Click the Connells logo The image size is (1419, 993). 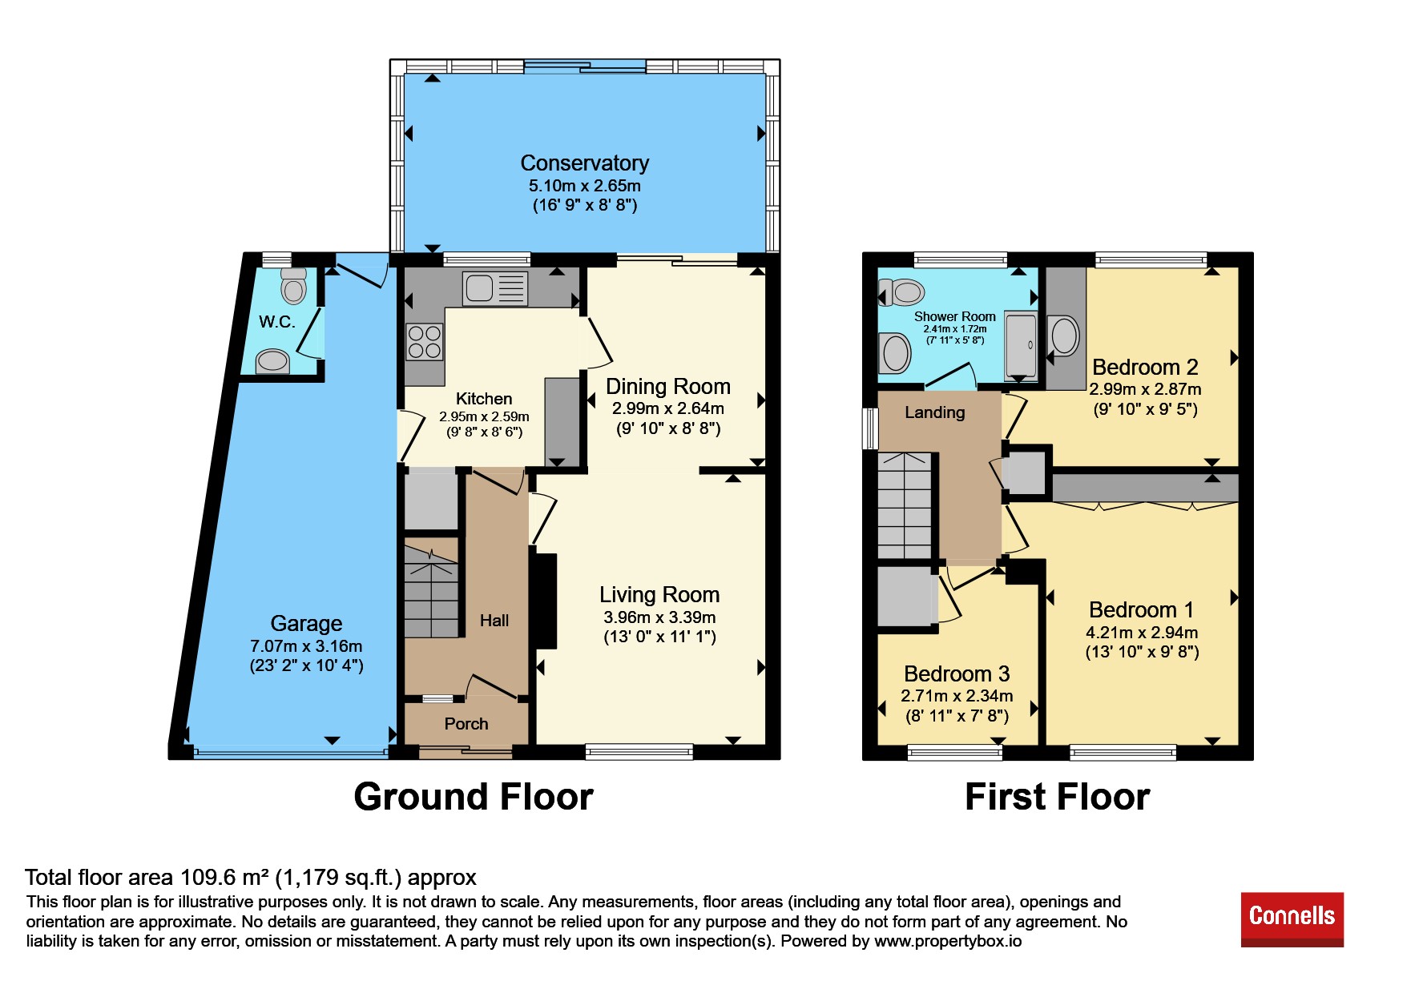(1292, 919)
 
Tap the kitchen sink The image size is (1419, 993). (495, 288)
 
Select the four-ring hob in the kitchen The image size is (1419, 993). (424, 342)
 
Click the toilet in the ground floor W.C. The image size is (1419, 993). (294, 286)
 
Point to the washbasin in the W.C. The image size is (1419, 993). (272, 361)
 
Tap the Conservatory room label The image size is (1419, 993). (585, 163)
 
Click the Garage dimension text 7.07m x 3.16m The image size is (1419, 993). (306, 646)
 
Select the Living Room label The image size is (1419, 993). (659, 595)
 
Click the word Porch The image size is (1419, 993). (466, 724)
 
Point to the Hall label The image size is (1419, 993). (494, 621)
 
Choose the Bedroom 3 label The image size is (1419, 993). (957, 674)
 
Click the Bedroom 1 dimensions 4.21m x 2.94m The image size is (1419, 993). (1142, 633)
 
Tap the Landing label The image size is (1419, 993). (935, 412)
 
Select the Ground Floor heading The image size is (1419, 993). (474, 797)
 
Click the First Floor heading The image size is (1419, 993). (1058, 797)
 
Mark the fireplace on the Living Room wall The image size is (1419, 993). (544, 601)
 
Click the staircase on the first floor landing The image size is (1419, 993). (905, 506)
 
